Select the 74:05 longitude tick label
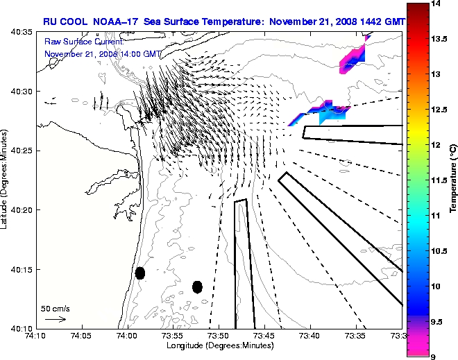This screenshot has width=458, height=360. [x=81, y=336]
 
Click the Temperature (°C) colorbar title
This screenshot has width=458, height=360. [x=452, y=180]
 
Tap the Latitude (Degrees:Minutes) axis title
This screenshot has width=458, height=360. [x=6, y=180]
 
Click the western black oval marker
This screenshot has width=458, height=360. [x=140, y=273]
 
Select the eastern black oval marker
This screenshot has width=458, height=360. [x=197, y=286]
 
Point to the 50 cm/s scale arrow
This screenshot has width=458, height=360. [x=55, y=319]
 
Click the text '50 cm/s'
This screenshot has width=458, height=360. [x=55, y=308]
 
